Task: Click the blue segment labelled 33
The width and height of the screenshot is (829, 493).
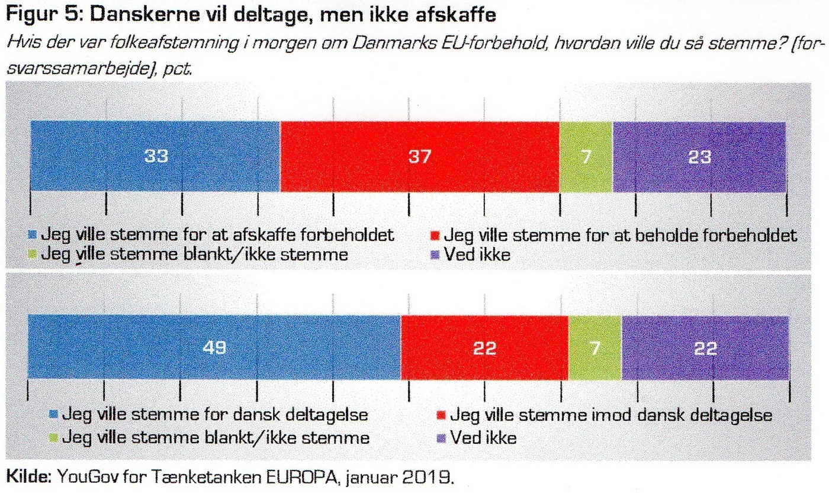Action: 155,156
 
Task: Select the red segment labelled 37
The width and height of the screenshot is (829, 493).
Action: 419,156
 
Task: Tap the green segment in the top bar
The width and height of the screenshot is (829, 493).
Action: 586,156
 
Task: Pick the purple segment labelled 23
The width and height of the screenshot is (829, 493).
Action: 699,156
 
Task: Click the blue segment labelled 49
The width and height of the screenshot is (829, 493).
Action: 214,348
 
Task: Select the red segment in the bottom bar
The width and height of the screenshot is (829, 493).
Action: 484,348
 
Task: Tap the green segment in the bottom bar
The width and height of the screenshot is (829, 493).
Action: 595,348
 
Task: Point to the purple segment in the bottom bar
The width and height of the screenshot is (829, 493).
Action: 705,348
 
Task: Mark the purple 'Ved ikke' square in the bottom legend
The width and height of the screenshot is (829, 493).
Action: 441,438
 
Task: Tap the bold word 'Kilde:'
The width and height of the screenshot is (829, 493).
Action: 28,475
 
